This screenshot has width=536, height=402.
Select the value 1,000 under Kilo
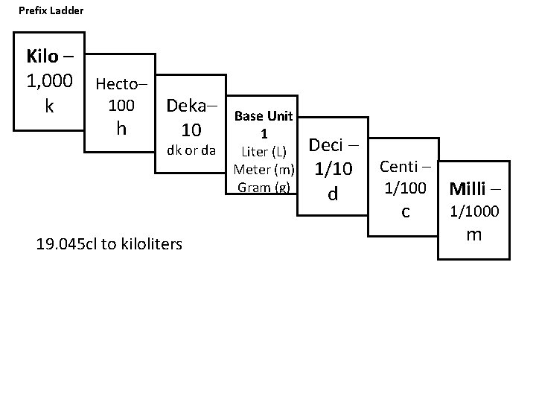(49, 80)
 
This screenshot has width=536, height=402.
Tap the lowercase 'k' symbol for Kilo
(49, 106)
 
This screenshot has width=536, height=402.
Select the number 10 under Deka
(191, 130)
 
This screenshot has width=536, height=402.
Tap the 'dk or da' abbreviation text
(191, 151)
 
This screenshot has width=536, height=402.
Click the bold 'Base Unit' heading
(264, 116)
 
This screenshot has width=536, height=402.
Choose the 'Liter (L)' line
(264, 153)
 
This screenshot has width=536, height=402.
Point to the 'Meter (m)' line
(264, 170)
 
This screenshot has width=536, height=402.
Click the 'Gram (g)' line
(264, 187)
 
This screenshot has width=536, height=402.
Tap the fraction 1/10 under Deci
(333, 170)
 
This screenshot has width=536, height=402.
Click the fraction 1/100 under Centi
(405, 189)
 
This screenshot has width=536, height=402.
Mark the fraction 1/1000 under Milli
(474, 212)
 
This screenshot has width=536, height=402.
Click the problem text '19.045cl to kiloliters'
(109, 243)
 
